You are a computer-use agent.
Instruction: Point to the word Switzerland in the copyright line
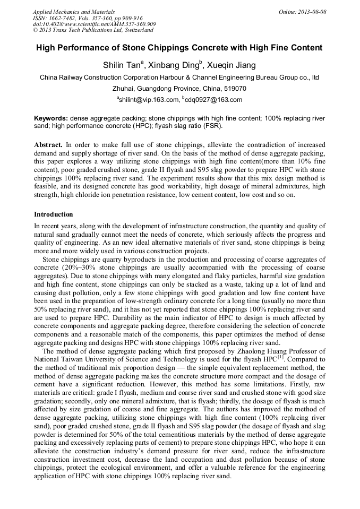[x=135, y=31]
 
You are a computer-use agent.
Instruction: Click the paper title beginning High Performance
[x=179, y=48]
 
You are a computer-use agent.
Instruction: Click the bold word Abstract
[x=48, y=144]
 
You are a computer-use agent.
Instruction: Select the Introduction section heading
[x=54, y=214]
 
